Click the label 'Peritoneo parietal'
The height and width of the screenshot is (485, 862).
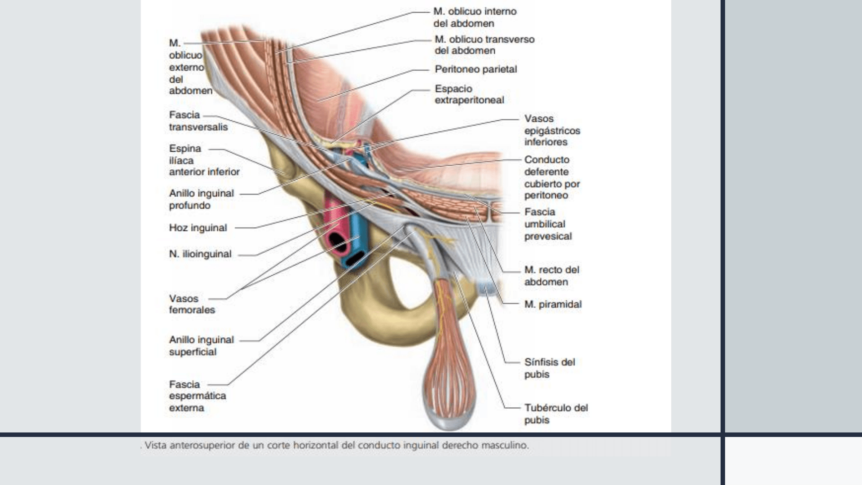[x=476, y=69]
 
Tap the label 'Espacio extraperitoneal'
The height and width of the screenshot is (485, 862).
[x=469, y=94]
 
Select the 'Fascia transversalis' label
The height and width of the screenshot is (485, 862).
[x=198, y=121]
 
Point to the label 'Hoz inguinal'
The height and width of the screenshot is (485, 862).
[x=198, y=228]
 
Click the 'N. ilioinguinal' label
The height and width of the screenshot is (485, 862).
[x=200, y=254]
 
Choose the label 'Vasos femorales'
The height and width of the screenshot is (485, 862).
[x=192, y=304]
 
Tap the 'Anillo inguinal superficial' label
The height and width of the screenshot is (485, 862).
[x=201, y=346]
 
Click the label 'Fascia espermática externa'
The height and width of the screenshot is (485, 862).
[x=198, y=396]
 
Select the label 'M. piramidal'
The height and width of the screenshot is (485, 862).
[x=553, y=304]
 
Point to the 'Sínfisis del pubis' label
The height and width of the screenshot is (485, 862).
[x=550, y=368]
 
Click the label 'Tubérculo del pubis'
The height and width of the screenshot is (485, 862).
[x=556, y=414]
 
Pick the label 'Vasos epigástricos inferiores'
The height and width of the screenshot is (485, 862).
[x=552, y=130]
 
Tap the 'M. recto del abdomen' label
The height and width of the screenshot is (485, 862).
[x=551, y=276]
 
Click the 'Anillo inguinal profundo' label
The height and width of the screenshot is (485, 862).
[x=201, y=199]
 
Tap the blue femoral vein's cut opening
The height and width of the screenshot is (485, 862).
[x=356, y=259]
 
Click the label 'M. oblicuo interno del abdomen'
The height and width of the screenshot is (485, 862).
[x=475, y=17]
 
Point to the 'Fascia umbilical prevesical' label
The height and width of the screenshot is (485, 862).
[x=548, y=224]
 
